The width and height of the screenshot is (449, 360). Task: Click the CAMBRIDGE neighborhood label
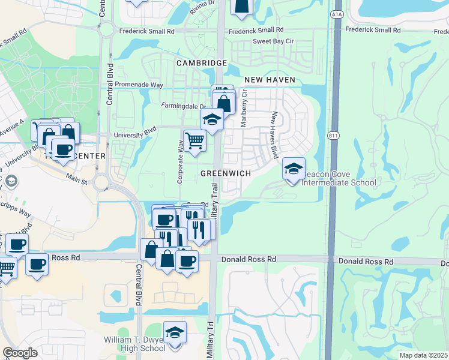(201, 63)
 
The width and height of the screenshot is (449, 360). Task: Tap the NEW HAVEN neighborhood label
(269, 80)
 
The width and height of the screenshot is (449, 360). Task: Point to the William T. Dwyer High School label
(134, 344)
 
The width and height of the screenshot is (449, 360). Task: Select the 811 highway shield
(334, 136)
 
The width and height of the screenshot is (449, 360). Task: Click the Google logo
(20, 353)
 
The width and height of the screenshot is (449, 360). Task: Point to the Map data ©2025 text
(423, 355)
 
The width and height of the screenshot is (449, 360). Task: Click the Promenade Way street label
(139, 85)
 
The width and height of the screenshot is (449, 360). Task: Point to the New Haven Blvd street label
(274, 135)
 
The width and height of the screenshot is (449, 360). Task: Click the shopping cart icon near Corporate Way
(194, 140)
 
